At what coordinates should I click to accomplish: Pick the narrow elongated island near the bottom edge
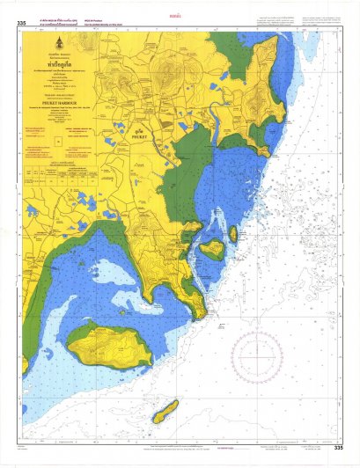coord(165,411)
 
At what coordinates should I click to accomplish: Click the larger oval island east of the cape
coord(211,249)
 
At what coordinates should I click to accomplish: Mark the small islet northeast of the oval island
coord(233,234)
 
